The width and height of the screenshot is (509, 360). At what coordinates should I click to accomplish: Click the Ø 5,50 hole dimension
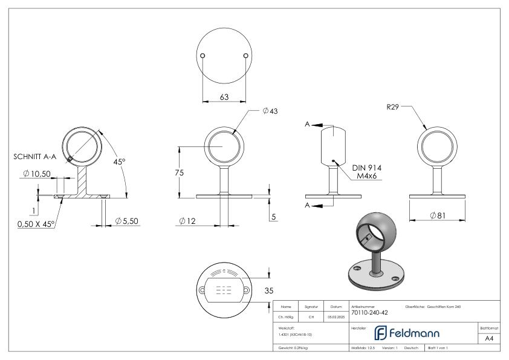coord(128,221)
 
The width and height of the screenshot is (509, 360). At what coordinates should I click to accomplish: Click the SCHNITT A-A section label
coord(35,156)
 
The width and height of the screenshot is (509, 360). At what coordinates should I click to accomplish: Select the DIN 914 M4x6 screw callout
coord(366,171)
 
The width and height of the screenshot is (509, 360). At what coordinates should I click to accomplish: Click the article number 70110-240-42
coord(369,313)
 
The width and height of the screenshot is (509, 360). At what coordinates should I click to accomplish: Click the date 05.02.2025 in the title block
coord(336,316)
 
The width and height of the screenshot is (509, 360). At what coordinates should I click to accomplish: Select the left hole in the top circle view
coord(203,56)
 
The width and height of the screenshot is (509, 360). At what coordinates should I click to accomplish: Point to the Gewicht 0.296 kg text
coord(293,349)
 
